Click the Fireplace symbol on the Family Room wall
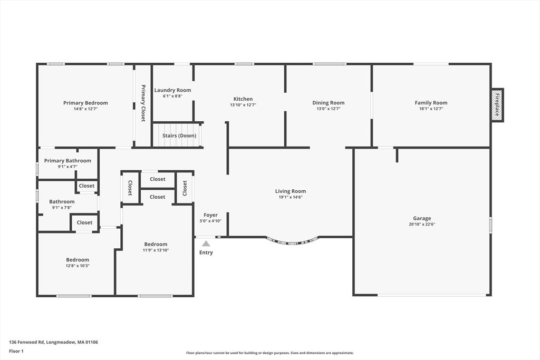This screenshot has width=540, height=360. [x=497, y=105]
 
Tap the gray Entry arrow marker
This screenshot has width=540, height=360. [x=206, y=244]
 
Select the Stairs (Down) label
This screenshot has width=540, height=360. [x=179, y=135]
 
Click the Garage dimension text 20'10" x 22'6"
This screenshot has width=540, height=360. [x=422, y=225]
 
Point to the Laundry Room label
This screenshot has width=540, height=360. [x=172, y=90]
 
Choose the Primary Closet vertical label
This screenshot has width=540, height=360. [x=143, y=103]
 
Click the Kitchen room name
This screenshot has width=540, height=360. [x=243, y=99]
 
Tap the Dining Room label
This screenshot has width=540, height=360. [x=328, y=103]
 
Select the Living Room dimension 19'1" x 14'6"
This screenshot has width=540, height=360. [x=291, y=198]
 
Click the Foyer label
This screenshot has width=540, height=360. [x=210, y=215]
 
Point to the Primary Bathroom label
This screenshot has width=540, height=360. [x=67, y=161]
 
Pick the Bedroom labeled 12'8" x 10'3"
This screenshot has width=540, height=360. [x=78, y=259]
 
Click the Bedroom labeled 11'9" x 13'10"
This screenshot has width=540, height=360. [x=156, y=244]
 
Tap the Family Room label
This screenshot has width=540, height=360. [x=431, y=103]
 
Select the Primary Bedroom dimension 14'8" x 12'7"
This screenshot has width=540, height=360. [x=85, y=109]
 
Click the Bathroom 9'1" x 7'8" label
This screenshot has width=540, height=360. [x=62, y=201]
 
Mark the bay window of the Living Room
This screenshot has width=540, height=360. [x=292, y=242]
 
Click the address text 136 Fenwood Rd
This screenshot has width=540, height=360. [x=53, y=342]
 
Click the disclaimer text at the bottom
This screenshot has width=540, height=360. [x=269, y=353]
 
